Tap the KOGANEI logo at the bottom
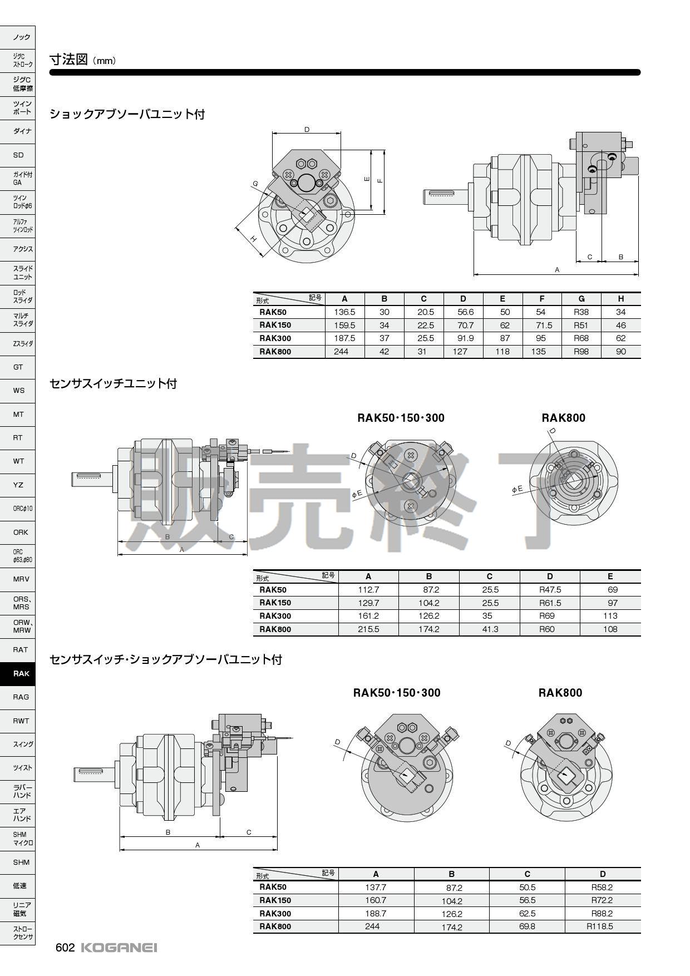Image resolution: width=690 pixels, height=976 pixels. coord(119,948)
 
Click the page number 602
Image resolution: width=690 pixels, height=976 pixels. coord(65,948)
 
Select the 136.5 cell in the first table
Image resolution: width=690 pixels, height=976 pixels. coord(344,312)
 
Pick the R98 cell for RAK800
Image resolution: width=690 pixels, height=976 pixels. coord(581,352)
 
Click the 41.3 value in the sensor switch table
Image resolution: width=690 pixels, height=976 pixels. coord(489,629)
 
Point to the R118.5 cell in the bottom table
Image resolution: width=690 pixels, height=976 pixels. coord(602,926)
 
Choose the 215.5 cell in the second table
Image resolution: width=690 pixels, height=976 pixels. coord(368,629)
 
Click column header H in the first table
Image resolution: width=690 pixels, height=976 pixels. coord(621,299)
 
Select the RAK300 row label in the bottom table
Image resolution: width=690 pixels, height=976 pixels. coord(275,913)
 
